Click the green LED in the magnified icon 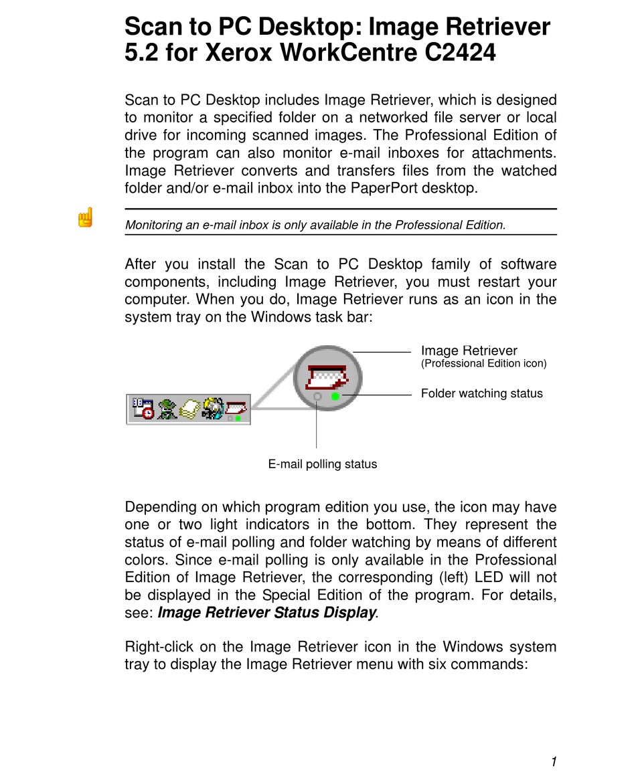point(335,396)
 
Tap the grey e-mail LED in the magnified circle point(317,397)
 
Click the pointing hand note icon point(85,217)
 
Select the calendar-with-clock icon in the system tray point(142,408)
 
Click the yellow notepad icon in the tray point(189,408)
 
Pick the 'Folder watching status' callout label point(481,393)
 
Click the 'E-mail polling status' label point(323,464)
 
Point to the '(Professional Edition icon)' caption point(483,364)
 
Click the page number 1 point(554,761)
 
